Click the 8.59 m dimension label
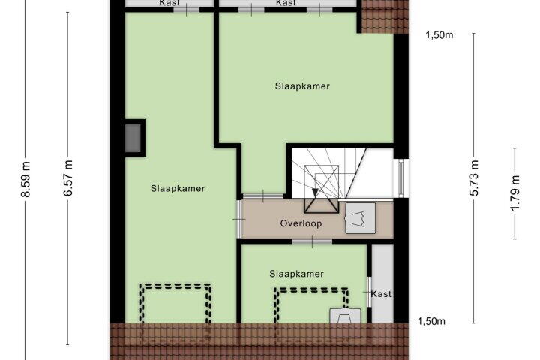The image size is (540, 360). point(26,179)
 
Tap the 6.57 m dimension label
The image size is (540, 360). point(68,178)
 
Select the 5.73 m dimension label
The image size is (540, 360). point(474,178)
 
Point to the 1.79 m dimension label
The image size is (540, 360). point(515,193)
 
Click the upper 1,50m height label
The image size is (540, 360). point(439,35)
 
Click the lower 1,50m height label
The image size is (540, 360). point(431,321)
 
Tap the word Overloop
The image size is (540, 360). point(301,223)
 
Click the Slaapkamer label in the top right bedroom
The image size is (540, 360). point(302,86)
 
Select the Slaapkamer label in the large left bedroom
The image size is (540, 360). point(178,189)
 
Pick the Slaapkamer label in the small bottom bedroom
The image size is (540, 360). point(296,274)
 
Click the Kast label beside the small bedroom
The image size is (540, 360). point(381,294)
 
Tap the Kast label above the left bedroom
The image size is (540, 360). point(169,3)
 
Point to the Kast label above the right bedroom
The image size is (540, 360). point(286,3)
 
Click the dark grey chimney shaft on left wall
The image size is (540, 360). point(133,138)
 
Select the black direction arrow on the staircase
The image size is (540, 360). point(315,192)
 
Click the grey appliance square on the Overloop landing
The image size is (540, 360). point(360,218)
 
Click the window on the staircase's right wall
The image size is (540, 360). point(400,178)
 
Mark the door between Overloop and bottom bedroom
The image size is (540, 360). point(312,241)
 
